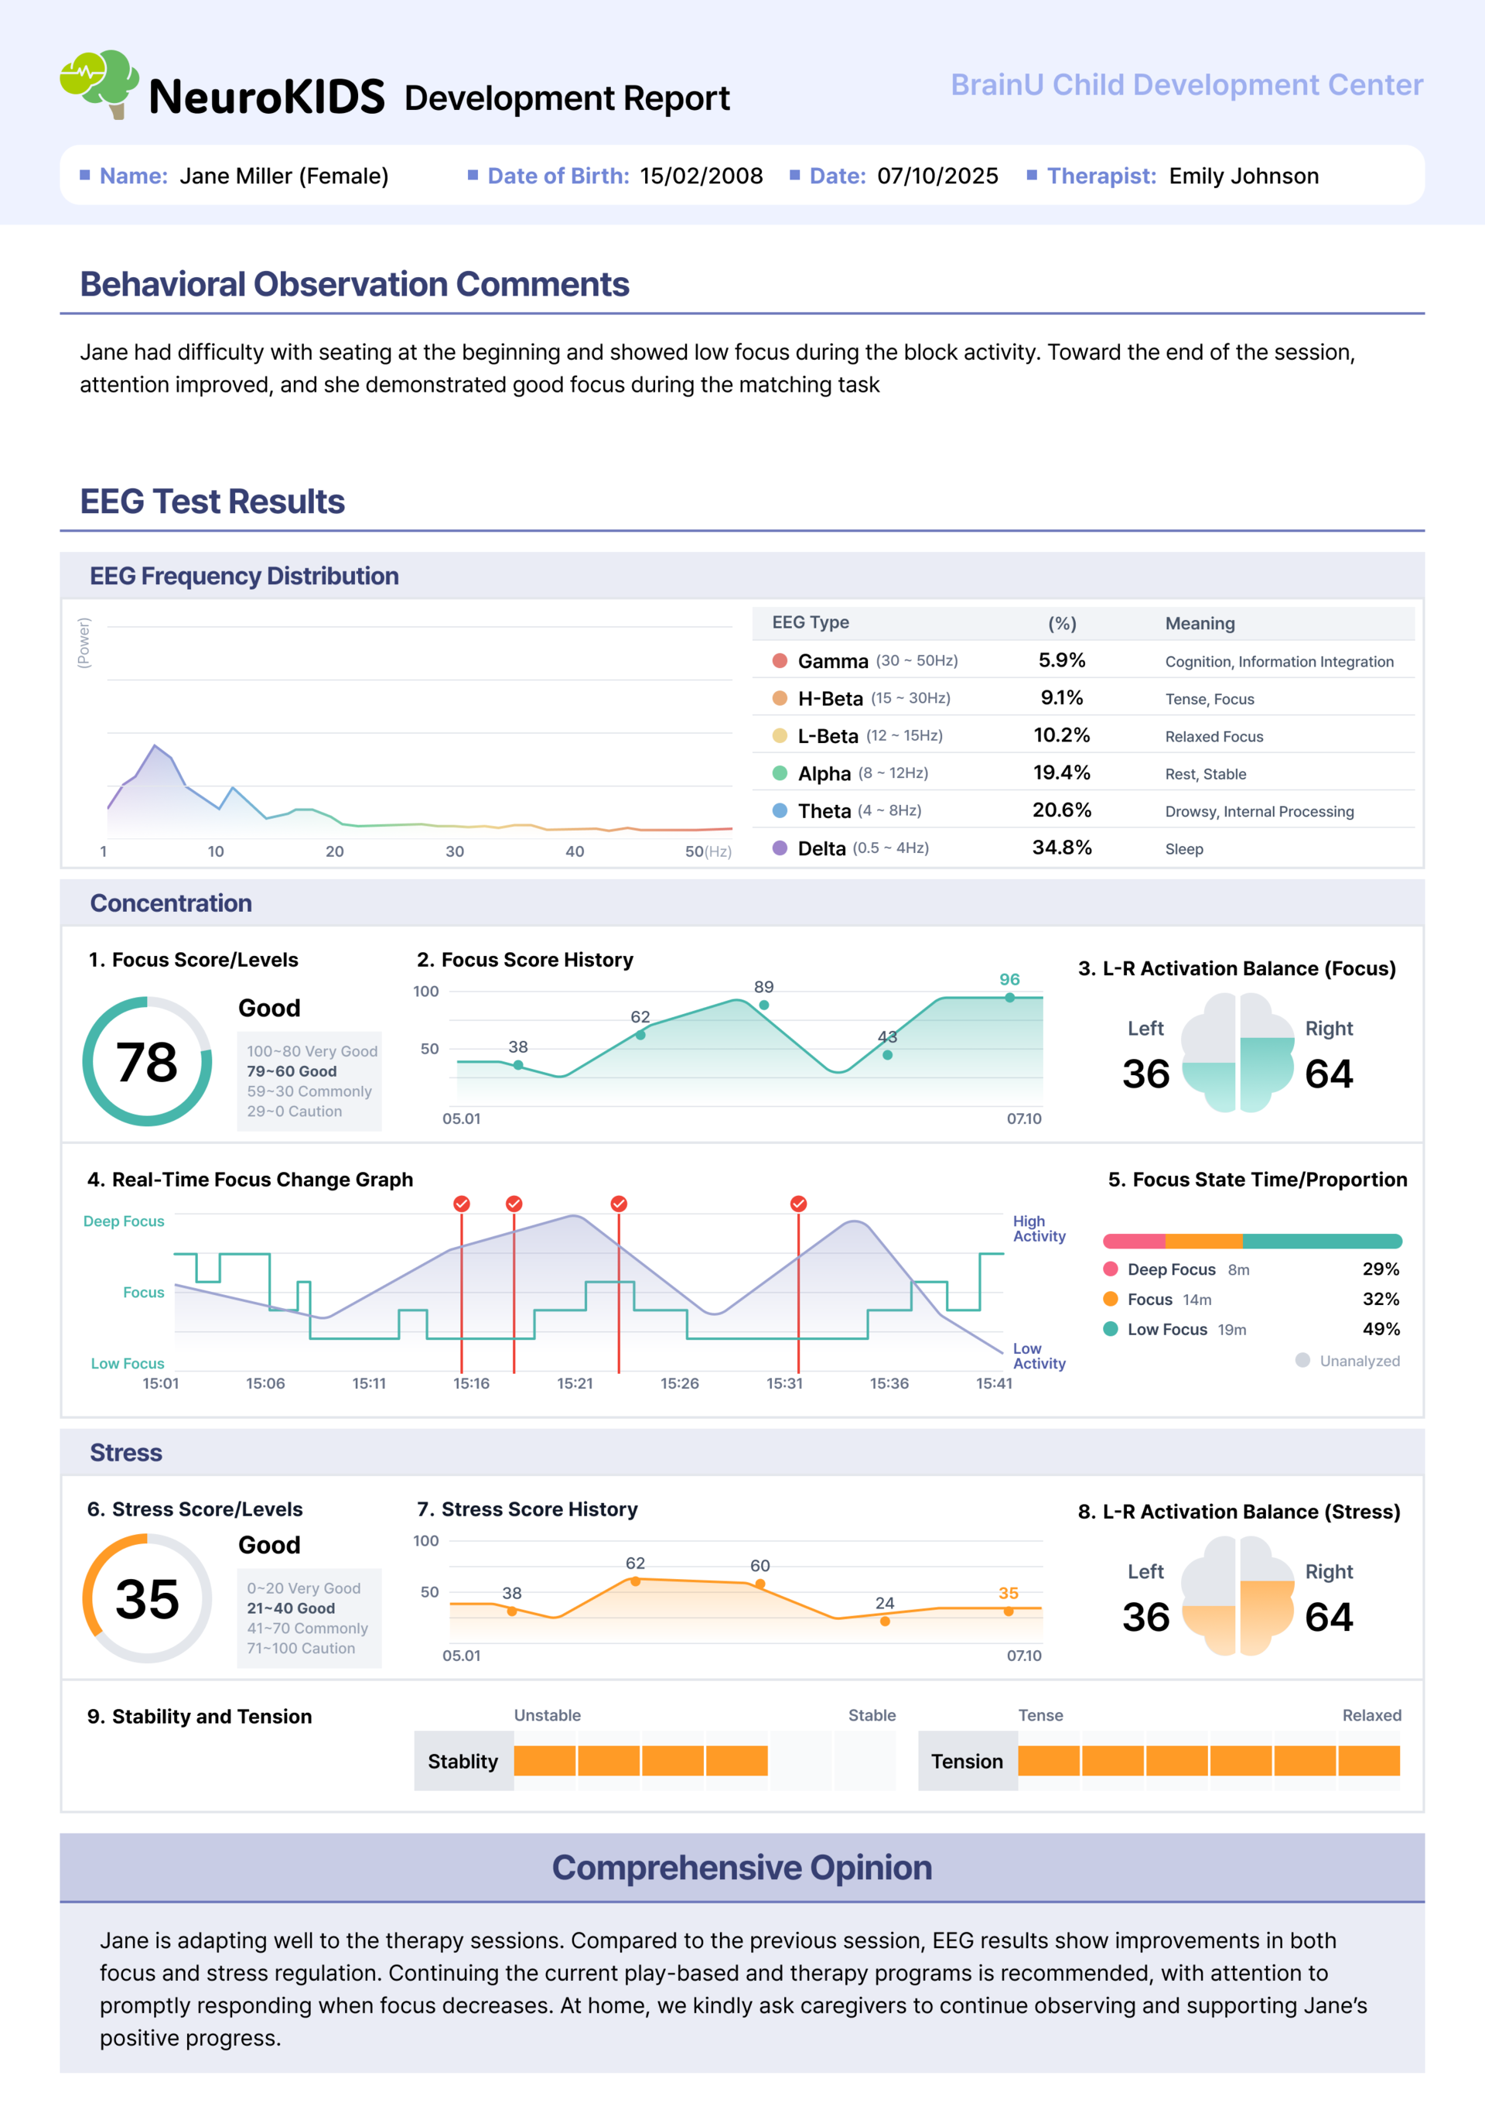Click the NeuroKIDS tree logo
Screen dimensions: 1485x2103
tap(99, 84)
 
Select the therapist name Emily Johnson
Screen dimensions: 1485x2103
tap(1243, 176)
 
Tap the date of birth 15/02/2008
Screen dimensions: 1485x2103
tap(701, 176)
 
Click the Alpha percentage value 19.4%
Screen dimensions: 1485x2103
tap(1061, 772)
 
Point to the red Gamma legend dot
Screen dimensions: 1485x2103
tap(780, 660)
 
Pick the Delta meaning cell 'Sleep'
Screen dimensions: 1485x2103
tap(1184, 849)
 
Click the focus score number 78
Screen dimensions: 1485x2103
tap(146, 1062)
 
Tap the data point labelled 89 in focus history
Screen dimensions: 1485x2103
tap(763, 1005)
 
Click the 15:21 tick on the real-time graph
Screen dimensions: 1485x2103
tap(574, 1383)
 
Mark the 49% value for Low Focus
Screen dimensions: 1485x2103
tap(1381, 1329)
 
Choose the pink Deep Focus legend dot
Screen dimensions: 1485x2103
tap(1111, 1269)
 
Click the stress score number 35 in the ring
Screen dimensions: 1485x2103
tap(146, 1599)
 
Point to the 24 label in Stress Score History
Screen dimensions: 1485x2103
tap(884, 1603)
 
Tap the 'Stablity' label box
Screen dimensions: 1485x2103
tap(463, 1760)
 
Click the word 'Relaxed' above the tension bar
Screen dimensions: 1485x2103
tap(1371, 1714)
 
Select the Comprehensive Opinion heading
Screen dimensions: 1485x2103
tap(742, 1867)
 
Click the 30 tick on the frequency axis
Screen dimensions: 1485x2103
tap(454, 851)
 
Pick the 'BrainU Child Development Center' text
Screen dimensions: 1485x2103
tap(1186, 84)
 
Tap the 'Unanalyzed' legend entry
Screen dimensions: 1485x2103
tap(1347, 1361)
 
